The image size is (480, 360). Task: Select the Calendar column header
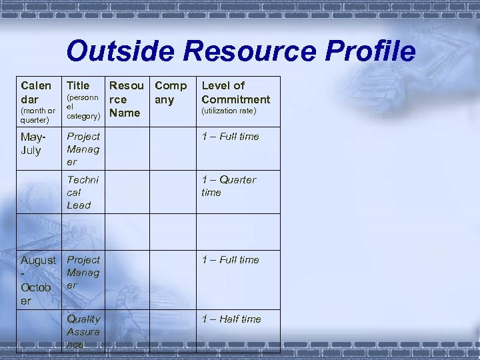pyautogui.click(x=36, y=91)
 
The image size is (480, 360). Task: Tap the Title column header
pyautogui.click(x=78, y=85)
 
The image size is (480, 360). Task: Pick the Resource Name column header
pyautogui.click(x=127, y=99)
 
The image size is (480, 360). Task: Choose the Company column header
pyautogui.click(x=170, y=92)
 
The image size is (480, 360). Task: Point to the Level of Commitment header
pyautogui.click(x=235, y=92)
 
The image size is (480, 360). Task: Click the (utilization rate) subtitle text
pyautogui.click(x=229, y=111)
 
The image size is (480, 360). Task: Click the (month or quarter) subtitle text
pyautogui.click(x=38, y=115)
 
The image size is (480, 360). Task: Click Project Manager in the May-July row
pyautogui.click(x=83, y=149)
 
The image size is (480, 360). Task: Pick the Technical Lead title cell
pyautogui.click(x=82, y=192)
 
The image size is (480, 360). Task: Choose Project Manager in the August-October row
pyautogui.click(x=83, y=272)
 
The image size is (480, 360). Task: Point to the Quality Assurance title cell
pyautogui.click(x=83, y=331)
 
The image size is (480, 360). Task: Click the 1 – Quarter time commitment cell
pyautogui.click(x=228, y=186)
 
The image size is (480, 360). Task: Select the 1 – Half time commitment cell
pyautogui.click(x=231, y=319)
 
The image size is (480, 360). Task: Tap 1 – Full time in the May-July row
pyautogui.click(x=230, y=137)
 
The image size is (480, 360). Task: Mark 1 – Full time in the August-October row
pyautogui.click(x=230, y=260)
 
